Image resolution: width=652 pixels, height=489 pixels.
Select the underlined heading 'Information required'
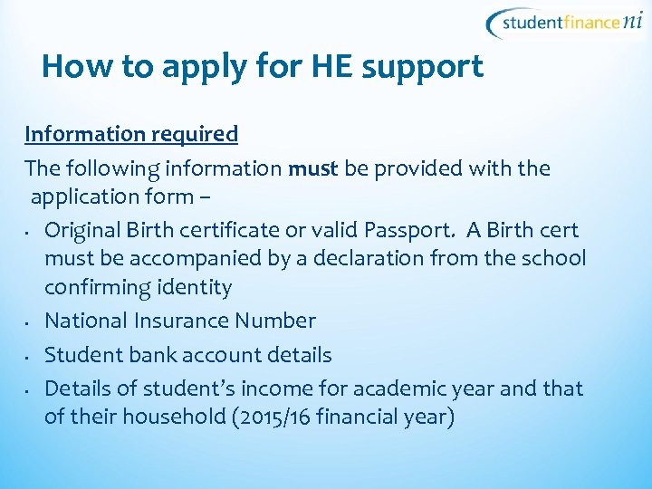click(131, 135)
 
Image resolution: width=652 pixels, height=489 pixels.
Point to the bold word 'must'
click(312, 169)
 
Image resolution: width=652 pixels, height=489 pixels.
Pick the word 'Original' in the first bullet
click(86, 230)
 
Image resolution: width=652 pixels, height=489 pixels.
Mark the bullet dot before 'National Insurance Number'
click(30, 322)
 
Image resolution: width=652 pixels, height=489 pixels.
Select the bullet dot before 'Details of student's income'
click(30, 390)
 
